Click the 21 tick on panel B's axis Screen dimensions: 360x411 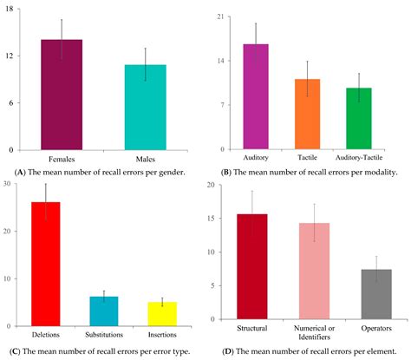coord(222,17)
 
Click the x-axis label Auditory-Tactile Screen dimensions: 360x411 coord(359,158)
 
